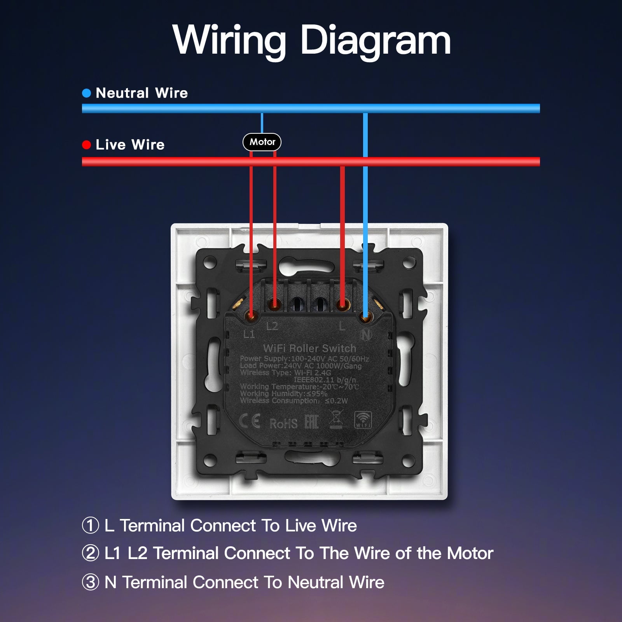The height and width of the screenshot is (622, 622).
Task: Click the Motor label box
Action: pos(262,142)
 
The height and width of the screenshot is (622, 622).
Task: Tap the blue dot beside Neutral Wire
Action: pos(86,93)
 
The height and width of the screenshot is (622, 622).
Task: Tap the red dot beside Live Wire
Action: pos(86,145)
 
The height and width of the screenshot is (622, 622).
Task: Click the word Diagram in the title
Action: pos(375,40)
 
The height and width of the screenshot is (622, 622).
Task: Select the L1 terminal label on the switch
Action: pos(249,334)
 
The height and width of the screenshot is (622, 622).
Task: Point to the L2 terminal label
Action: pos(272,326)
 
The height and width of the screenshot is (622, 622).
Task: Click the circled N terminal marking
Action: pos(365,334)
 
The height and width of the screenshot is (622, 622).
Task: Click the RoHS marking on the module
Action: pos(283,423)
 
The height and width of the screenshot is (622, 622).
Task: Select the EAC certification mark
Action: pos(311,422)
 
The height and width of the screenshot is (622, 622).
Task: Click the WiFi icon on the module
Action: pos(363,420)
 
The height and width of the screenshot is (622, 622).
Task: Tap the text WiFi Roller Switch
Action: pos(309,348)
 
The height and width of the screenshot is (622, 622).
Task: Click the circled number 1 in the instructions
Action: pos(91,526)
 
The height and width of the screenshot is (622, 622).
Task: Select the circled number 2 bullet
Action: pos(91,553)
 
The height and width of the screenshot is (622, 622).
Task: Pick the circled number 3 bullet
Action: pos(91,582)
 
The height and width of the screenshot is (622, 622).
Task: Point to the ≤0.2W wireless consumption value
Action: pos(336,401)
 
